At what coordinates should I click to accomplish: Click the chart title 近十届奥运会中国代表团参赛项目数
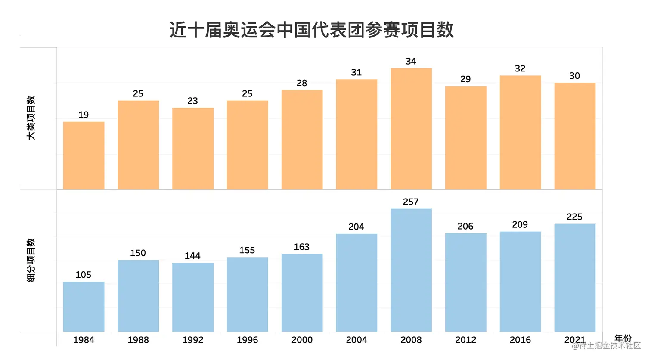coord(311,30)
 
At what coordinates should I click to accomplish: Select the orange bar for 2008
coord(411,129)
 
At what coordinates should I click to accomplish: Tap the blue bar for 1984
coord(84,307)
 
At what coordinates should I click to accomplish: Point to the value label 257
coord(410,202)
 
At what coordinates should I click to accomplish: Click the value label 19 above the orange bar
coord(84,115)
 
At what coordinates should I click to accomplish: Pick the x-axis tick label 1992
coord(192,340)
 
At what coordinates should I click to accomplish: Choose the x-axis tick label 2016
coord(520,340)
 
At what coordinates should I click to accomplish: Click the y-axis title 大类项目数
coord(31,118)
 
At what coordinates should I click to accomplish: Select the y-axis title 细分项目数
coord(31,260)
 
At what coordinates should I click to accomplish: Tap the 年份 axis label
coord(623,338)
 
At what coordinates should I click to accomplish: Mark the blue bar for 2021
coord(574,278)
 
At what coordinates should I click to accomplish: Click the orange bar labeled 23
coord(192,149)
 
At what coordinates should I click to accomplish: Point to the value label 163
coord(301,247)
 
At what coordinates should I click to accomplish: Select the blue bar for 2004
coord(356,282)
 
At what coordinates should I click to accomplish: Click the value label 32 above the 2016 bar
coord(520,68)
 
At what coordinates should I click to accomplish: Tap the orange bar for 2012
coord(465,138)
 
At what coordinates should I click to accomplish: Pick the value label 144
coord(192,256)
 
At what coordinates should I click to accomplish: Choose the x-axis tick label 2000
coord(302,340)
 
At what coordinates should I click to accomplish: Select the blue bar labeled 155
coord(247,294)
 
